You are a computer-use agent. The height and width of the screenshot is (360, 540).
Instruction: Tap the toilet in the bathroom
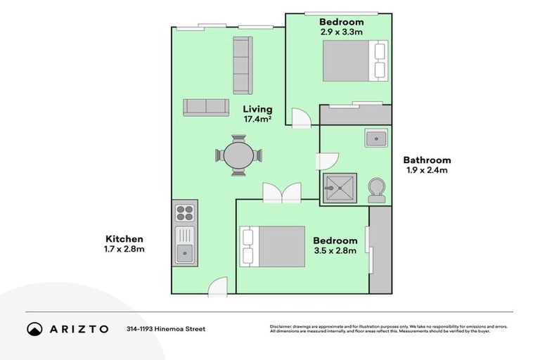(x=377, y=190)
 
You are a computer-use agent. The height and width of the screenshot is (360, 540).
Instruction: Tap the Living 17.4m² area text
(x=257, y=115)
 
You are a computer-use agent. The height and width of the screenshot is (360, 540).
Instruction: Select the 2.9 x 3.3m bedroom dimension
(x=341, y=32)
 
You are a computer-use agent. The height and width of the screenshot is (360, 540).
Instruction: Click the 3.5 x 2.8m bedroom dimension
(x=335, y=250)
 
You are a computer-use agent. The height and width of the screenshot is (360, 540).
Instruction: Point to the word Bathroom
(x=427, y=160)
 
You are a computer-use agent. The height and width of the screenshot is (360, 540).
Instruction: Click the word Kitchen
(x=124, y=238)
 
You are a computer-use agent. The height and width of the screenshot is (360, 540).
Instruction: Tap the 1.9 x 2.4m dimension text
(x=427, y=170)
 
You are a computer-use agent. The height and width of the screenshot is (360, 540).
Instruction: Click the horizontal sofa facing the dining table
(x=206, y=107)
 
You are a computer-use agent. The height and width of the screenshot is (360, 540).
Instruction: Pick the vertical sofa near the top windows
(x=242, y=65)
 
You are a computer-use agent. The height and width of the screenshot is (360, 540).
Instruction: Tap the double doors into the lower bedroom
(x=281, y=194)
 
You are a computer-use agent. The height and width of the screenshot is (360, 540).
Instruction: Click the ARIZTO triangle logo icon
(x=34, y=328)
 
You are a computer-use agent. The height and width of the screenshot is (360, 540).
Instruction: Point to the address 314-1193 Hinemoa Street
(x=166, y=328)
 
